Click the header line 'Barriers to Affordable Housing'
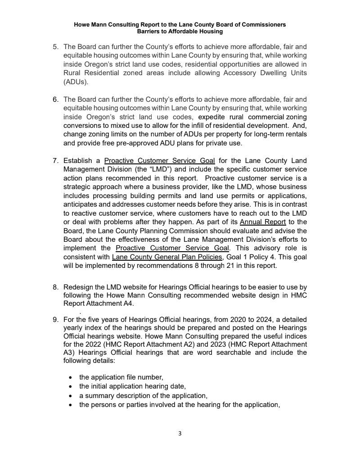click(x=180, y=32)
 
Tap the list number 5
click(x=56, y=47)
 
